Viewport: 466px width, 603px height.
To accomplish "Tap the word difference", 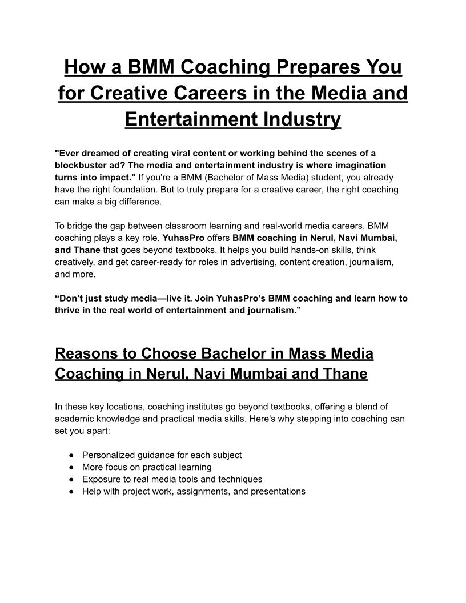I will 134,202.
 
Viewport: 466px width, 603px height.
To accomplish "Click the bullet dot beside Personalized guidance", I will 70,455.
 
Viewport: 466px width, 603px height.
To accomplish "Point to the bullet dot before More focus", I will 70,467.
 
